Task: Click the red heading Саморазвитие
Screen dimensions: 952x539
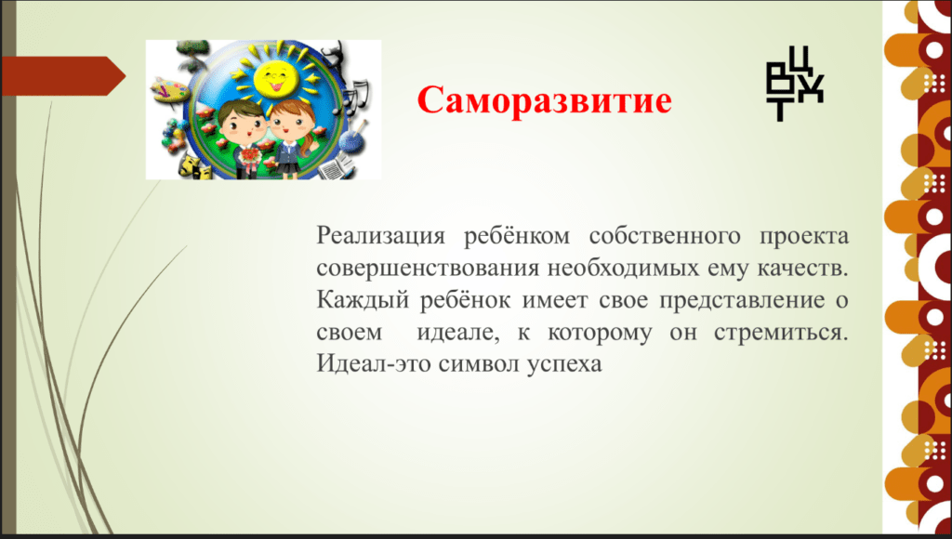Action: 544,99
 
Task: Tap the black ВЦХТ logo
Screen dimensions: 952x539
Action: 795,84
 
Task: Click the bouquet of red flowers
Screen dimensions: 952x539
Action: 249,158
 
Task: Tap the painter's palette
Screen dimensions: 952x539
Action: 165,90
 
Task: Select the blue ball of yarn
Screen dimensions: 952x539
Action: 351,141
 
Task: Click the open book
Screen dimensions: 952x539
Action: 336,165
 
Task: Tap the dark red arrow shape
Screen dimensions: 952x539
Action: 63,76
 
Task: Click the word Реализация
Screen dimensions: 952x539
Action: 380,235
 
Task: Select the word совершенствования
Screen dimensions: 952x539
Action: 428,268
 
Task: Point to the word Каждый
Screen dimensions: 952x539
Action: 363,300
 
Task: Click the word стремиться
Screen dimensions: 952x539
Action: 781,333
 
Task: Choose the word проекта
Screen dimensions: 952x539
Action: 804,235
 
